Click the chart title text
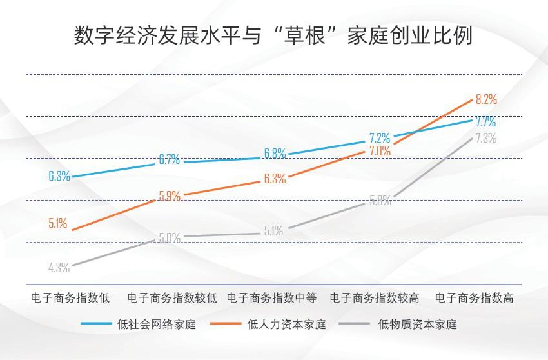coord(273,36)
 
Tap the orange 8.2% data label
coord(485,99)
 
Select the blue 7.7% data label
coord(485,121)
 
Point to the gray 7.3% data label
coord(485,138)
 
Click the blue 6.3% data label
coord(59,175)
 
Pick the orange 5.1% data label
coord(57,223)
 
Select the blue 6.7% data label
coord(169,160)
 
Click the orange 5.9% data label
coord(169,197)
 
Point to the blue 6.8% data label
coord(275,154)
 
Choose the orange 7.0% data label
coord(380,151)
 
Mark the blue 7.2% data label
coord(380,137)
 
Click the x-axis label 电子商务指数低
coord(71,298)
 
